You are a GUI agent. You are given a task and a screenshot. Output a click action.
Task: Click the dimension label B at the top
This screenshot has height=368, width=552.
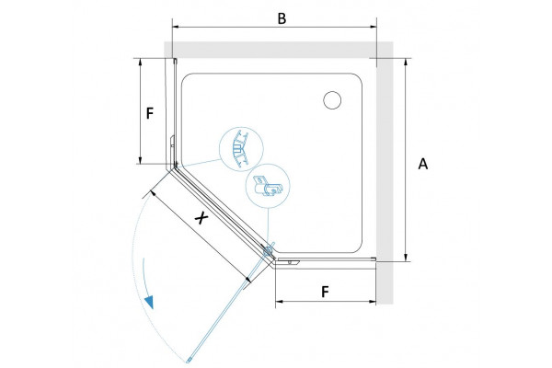pyautogui.click(x=282, y=18)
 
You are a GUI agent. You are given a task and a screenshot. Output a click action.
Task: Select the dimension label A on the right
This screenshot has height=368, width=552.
pyautogui.click(x=423, y=164)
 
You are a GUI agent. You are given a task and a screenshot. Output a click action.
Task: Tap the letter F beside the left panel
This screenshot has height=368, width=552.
pyautogui.click(x=150, y=113)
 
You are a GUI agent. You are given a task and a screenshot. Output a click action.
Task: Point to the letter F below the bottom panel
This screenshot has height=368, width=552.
pyautogui.click(x=325, y=292)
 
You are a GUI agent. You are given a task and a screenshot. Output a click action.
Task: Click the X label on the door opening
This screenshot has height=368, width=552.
pyautogui.click(x=201, y=218)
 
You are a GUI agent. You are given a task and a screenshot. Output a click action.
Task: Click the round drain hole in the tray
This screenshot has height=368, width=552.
pyautogui.click(x=332, y=99)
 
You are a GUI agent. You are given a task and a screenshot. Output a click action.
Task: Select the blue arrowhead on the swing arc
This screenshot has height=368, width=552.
pyautogui.click(x=149, y=302)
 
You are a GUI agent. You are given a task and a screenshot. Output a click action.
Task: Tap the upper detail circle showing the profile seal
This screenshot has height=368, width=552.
pyautogui.click(x=241, y=149)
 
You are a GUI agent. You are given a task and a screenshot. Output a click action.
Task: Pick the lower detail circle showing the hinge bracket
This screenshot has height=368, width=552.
pyautogui.click(x=267, y=186)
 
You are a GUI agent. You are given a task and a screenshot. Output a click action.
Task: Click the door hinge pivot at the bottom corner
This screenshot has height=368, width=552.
pyautogui.click(x=269, y=251)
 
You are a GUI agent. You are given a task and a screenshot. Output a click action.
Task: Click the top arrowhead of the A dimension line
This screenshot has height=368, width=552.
pyautogui.click(x=406, y=62)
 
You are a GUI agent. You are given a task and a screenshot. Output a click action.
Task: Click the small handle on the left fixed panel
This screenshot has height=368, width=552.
pyautogui.click(x=172, y=140)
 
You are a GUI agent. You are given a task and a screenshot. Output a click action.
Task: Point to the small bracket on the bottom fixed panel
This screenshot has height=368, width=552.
pyautogui.click(x=289, y=261)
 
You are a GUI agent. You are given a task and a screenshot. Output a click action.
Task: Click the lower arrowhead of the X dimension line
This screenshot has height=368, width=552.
pyautogui.click(x=247, y=279)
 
